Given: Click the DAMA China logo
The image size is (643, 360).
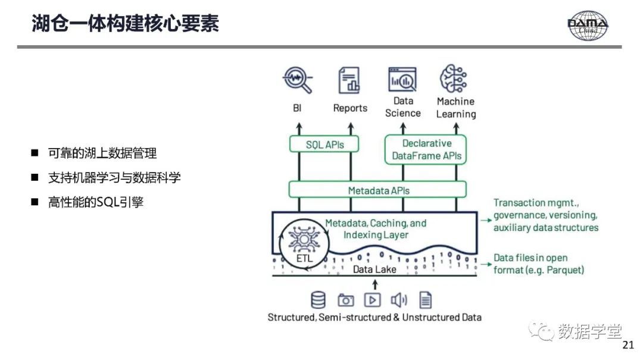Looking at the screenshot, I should click(x=588, y=25).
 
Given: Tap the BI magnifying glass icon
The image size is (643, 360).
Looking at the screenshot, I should click(x=297, y=80).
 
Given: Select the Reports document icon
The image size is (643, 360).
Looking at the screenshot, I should click(x=349, y=80).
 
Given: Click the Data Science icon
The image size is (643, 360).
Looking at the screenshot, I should click(x=402, y=79).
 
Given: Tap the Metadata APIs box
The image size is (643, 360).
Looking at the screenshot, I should click(x=378, y=190).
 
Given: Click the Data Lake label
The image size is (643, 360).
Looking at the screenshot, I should click(x=374, y=270).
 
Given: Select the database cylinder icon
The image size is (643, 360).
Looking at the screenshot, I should click(x=319, y=300).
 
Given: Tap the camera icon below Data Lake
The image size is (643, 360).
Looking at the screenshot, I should click(x=345, y=300).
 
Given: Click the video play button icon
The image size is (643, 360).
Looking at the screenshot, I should click(x=373, y=300).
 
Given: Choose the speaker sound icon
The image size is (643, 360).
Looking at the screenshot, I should click(x=398, y=300).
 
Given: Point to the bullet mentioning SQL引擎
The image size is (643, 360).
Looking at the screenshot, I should click(x=95, y=202).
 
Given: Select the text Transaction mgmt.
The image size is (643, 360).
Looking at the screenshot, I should click(x=528, y=203).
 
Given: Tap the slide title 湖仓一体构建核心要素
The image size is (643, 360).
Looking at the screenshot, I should click(x=125, y=23).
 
